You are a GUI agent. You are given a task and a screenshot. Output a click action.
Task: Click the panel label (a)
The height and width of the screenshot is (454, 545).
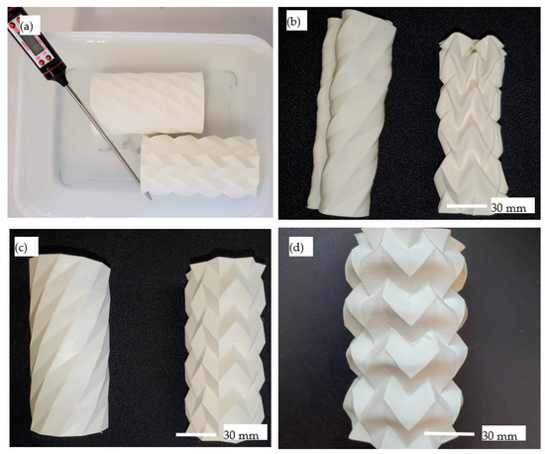pos(27,26)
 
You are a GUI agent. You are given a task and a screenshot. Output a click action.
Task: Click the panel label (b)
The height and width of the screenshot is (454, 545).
pos(294,22)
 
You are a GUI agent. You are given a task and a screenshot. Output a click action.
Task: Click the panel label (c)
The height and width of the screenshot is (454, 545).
pos(22,248)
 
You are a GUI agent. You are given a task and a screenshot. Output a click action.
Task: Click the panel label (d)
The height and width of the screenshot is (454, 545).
pos(296,248)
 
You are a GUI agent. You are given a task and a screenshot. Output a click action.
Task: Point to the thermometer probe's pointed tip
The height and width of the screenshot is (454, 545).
pos(151,198)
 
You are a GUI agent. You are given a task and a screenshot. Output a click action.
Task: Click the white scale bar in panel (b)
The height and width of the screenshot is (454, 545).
pos(467,206)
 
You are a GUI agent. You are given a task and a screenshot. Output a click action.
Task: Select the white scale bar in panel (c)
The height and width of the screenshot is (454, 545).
pos(196,434)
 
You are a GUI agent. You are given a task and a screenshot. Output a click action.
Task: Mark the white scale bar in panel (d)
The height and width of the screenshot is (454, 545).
pos(449,433)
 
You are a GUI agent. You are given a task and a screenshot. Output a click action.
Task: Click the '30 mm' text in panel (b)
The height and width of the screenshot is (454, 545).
pos(508,208)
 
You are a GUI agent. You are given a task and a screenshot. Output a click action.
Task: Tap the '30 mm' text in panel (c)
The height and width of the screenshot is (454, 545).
pos(241,435)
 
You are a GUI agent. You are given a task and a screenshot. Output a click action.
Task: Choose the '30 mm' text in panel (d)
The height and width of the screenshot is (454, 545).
pos(499,435)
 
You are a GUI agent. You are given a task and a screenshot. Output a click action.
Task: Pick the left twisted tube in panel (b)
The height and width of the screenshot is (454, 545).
pos(351,112)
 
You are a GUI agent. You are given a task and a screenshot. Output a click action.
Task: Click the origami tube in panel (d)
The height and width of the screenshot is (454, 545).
pos(405,338)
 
